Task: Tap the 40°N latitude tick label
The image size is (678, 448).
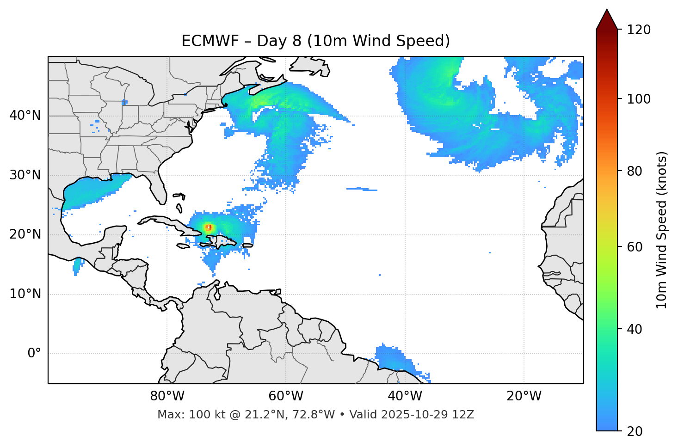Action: point(25,116)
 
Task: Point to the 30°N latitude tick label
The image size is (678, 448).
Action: point(25,175)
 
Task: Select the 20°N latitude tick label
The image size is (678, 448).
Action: point(25,234)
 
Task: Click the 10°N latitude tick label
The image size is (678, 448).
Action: point(25,294)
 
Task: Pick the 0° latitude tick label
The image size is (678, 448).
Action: point(34,354)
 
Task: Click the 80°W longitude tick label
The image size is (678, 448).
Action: point(167,396)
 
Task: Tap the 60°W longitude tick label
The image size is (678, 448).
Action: point(286,396)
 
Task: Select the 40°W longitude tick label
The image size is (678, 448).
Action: point(405,396)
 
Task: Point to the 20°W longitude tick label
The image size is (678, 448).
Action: point(524,396)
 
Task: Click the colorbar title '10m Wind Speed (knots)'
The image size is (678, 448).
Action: point(662,230)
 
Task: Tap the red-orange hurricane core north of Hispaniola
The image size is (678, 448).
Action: point(209,227)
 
